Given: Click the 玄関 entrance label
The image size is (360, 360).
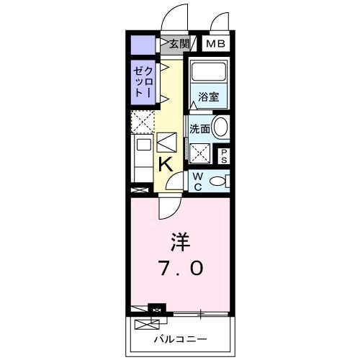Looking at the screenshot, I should [x=179, y=44].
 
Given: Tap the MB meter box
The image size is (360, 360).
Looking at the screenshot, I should [x=216, y=44].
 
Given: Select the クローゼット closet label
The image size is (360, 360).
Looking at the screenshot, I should [x=143, y=82].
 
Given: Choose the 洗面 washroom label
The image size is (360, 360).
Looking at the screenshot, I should [x=199, y=129].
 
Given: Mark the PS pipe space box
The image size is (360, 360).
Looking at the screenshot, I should [x=224, y=156].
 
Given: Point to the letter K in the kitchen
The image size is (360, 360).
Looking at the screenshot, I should [x=165, y=164].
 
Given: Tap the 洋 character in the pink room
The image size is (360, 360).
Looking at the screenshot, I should [x=180, y=240].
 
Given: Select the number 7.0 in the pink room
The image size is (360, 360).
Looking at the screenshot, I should [x=180, y=269].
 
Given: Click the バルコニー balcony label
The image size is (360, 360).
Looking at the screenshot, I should [x=181, y=338].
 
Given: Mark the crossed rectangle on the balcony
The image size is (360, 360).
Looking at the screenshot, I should [x=140, y=310].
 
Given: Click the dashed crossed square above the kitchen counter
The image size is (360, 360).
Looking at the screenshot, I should [x=142, y=121].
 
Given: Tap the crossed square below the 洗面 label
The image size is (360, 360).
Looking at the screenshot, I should [x=200, y=151].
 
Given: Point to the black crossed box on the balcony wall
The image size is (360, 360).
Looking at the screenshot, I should [x=156, y=310].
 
